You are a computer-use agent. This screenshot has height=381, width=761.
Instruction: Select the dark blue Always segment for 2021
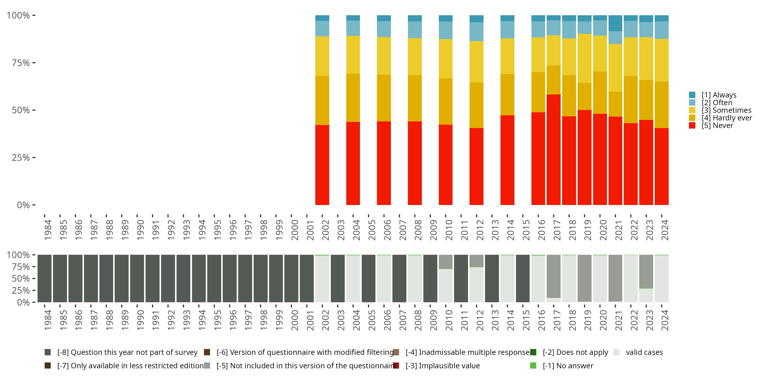(x=615, y=23)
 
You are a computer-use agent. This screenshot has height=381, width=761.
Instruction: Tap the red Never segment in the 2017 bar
(x=553, y=149)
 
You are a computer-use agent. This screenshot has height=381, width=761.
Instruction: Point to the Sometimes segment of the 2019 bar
(x=584, y=58)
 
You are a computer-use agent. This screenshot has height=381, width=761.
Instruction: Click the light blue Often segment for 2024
(x=662, y=30)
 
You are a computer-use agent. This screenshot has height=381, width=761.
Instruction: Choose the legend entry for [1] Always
(x=718, y=95)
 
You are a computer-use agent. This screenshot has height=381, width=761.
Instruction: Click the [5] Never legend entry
(x=717, y=125)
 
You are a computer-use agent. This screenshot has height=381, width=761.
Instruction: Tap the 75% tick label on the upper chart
(x=21, y=63)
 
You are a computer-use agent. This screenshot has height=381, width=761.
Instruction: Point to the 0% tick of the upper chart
(x=23, y=205)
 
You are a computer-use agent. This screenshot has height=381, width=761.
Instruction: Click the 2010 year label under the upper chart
(x=449, y=230)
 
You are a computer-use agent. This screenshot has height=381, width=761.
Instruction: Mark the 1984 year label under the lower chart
(x=48, y=320)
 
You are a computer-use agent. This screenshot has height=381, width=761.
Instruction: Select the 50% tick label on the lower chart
(x=21, y=278)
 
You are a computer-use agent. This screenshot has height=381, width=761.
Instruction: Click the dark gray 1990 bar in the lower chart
(x=137, y=278)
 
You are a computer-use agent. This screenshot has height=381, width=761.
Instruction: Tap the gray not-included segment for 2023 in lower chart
(x=646, y=271)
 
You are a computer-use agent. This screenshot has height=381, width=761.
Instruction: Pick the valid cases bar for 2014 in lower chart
(x=507, y=278)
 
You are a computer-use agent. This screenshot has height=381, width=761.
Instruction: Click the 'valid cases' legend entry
(x=644, y=352)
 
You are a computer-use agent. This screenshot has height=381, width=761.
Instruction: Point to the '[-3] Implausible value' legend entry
(x=442, y=366)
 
